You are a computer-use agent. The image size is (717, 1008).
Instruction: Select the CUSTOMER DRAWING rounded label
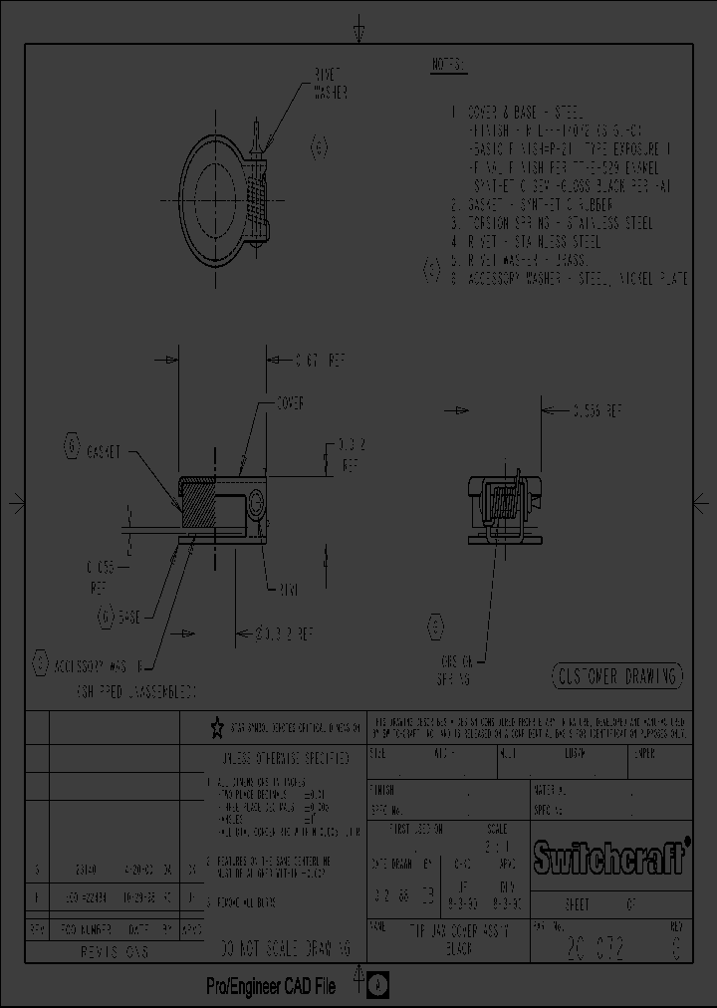tap(617, 676)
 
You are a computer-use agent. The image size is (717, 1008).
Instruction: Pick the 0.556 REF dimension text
tap(597, 409)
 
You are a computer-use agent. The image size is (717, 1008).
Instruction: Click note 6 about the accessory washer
tap(568, 280)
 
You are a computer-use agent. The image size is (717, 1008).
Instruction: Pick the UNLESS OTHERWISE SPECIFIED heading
tap(284, 759)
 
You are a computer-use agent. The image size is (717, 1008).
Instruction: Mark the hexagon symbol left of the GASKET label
tap(72, 446)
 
